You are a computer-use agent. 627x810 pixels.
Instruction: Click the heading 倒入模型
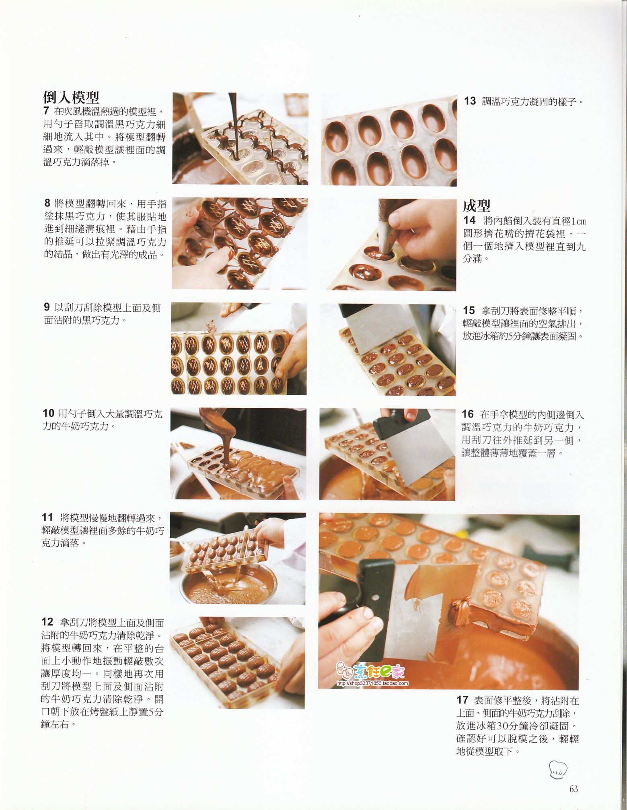click(x=71, y=97)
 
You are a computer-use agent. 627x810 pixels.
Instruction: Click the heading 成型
click(x=477, y=206)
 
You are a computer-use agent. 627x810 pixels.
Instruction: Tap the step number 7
click(x=46, y=111)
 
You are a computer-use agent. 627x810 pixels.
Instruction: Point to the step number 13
click(x=470, y=101)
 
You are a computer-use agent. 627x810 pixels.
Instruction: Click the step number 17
click(x=463, y=700)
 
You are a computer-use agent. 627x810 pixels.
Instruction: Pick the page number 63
click(x=574, y=789)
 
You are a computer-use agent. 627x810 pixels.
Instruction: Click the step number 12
click(x=47, y=622)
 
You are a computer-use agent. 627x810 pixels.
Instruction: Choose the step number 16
click(x=468, y=414)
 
